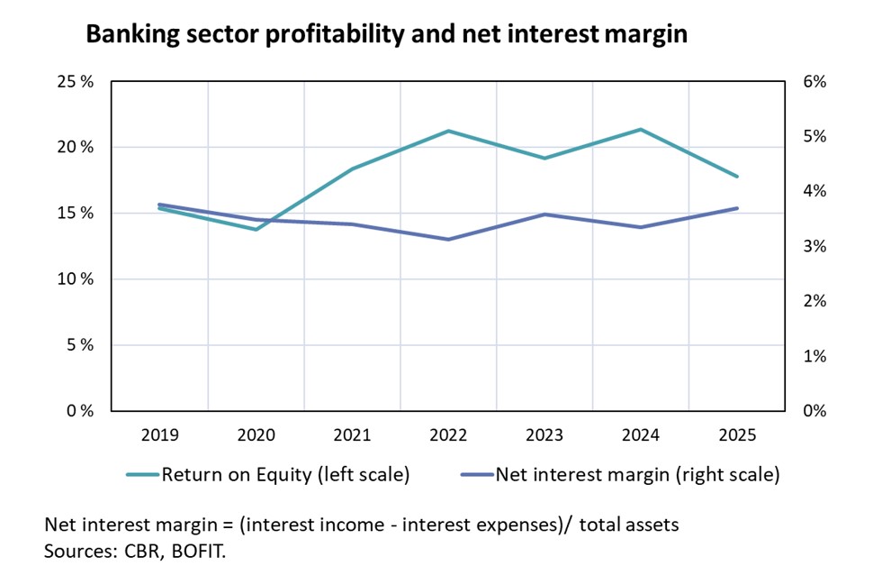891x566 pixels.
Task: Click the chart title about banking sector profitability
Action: pos(386,35)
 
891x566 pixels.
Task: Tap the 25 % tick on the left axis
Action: pos(76,82)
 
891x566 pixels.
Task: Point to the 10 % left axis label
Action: pos(76,279)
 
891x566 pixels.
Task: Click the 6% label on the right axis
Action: pos(814,82)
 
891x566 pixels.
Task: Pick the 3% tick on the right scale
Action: pos(814,246)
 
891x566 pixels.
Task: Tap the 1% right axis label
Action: pos(814,356)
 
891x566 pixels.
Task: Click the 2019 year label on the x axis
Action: pos(159,435)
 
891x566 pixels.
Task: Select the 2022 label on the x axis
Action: pos(448,435)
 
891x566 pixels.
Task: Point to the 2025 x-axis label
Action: pos(737,435)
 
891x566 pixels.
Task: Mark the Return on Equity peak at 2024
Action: pos(641,130)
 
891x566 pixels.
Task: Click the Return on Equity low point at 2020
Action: pos(256,230)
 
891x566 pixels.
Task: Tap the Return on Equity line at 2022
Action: pos(448,131)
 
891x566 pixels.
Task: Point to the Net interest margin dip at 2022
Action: pos(448,239)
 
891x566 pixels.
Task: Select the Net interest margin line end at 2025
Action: pos(737,208)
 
